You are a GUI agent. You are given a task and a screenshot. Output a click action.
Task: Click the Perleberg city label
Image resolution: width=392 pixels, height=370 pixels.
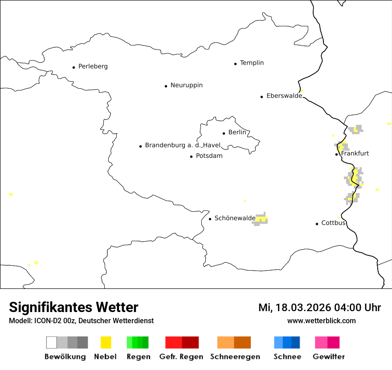[x=93, y=66]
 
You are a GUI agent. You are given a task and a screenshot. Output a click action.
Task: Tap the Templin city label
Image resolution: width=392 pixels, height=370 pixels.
[x=252, y=63]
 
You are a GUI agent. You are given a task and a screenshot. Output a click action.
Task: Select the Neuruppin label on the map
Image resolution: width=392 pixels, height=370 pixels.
[x=186, y=85]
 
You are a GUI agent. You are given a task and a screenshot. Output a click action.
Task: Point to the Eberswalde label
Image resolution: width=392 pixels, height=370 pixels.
[x=284, y=96]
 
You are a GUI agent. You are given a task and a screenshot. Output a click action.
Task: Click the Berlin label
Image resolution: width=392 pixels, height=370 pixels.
[x=237, y=132]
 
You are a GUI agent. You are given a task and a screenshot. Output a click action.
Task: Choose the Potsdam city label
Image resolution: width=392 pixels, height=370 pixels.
[x=209, y=156]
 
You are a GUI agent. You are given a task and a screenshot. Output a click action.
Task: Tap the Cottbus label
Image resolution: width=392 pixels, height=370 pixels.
[x=333, y=223]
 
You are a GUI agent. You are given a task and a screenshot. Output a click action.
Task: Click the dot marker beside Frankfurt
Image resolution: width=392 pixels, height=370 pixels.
[x=337, y=154]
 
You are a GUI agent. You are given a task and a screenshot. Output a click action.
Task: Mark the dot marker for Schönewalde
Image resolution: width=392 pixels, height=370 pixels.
[x=210, y=219]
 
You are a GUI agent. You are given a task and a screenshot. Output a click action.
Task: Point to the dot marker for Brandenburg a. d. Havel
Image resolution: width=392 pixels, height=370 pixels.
[x=140, y=146]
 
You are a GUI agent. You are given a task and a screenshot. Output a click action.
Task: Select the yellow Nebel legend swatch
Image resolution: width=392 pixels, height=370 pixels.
[x=106, y=342]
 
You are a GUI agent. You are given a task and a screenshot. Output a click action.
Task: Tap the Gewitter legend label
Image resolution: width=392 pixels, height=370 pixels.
[x=328, y=357]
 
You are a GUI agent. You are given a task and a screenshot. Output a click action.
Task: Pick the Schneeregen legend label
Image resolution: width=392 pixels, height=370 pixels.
[x=235, y=357]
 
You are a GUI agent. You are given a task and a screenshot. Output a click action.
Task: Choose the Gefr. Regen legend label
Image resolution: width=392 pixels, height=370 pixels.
[x=181, y=357]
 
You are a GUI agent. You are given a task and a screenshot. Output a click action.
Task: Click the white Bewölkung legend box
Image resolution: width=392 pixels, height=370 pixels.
[x=51, y=342]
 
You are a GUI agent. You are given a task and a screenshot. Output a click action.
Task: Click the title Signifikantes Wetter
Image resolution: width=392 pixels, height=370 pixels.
[x=73, y=308]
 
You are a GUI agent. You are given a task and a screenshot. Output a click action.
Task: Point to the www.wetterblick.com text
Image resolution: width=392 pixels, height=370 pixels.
[x=321, y=321]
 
